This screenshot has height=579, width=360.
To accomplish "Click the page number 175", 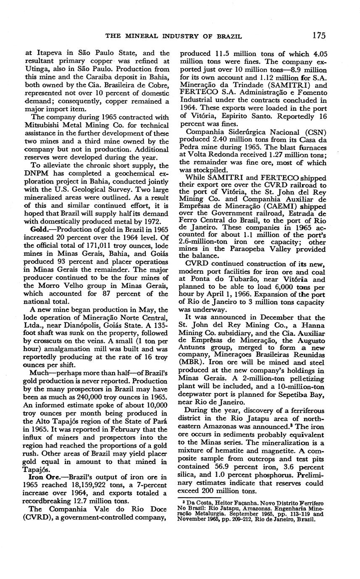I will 319,35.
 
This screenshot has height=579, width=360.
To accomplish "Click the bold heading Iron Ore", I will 43,477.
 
